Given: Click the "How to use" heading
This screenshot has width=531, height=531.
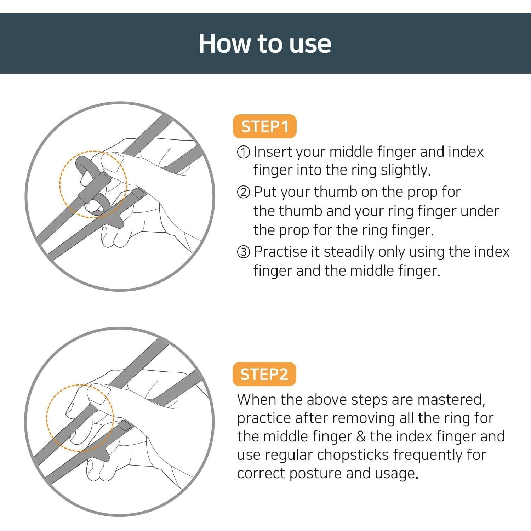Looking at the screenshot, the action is click(265, 44).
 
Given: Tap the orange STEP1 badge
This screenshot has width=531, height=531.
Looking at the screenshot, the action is click(264, 126).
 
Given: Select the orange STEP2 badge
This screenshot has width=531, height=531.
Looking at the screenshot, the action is click(264, 374).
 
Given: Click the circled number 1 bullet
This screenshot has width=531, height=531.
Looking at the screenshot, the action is click(243, 153).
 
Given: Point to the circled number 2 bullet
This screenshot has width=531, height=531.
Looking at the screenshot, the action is click(243, 193).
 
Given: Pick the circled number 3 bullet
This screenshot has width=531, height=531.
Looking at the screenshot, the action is click(243, 252).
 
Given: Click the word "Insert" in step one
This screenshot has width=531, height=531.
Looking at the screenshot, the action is click(273, 152).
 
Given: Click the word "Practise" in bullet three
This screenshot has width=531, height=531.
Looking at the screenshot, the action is click(280, 252).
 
